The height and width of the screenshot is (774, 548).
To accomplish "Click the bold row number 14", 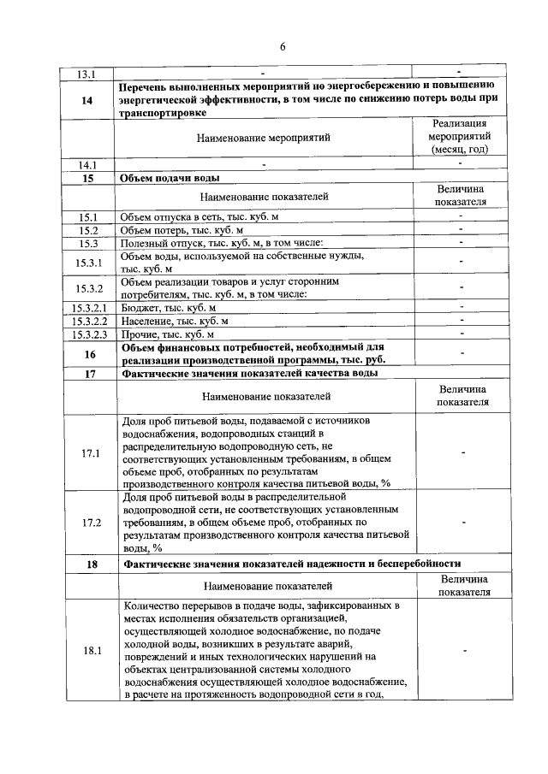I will click(x=87, y=100).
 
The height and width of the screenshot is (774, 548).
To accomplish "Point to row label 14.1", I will click(x=88, y=164).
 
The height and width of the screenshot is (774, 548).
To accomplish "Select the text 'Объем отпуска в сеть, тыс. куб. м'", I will click(x=200, y=217).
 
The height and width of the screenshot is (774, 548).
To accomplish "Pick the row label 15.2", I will click(x=88, y=230).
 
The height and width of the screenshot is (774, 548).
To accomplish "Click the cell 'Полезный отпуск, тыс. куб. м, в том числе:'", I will click(x=220, y=243).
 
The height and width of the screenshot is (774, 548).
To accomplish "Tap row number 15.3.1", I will click(x=88, y=262).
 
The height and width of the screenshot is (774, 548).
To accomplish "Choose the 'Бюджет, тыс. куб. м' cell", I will click(x=168, y=306).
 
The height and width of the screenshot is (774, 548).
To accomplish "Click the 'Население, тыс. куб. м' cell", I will click(x=175, y=320).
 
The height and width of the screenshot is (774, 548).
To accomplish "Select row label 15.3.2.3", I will click(x=88, y=333).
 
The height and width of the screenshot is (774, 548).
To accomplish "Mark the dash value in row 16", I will click(x=461, y=352).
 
